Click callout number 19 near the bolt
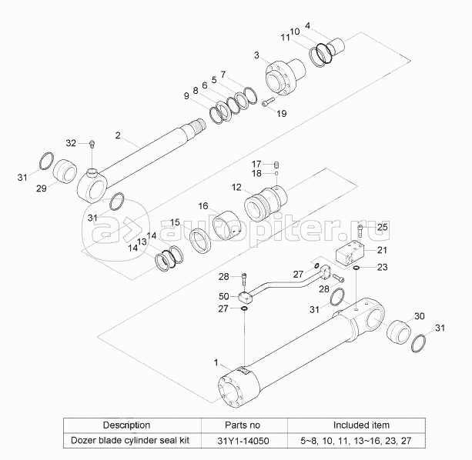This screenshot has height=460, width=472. coord(280,114)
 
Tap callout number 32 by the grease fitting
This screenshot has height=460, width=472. coord(71,143)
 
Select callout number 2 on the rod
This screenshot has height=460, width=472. coord(118,136)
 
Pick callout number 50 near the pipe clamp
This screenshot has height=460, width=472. coord(223,296)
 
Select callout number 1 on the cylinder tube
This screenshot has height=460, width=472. coord(216,361)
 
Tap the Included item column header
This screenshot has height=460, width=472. coord(360,425)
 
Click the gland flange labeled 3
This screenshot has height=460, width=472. coord(280,77)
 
